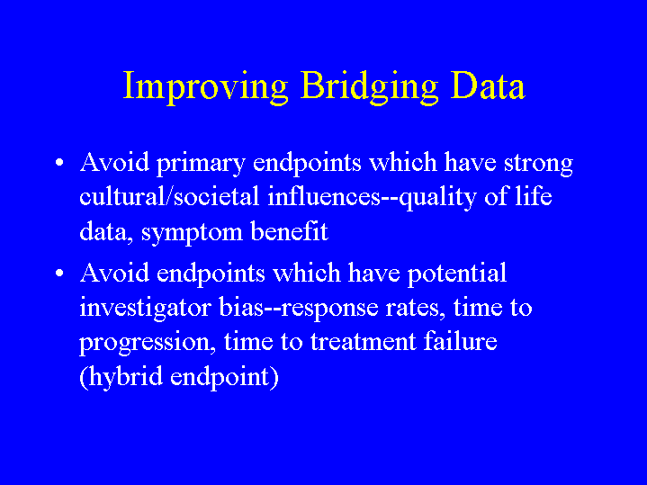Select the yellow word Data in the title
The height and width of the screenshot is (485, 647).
(488, 85)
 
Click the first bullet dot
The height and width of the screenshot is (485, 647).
(59, 162)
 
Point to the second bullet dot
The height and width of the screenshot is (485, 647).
(59, 274)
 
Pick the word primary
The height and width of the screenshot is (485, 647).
(201, 164)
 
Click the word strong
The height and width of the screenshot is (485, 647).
(538, 165)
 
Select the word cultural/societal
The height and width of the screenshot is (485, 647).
(169, 196)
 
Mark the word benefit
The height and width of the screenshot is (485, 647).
(289, 231)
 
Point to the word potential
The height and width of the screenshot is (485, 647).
(457, 274)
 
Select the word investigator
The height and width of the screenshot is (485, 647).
(145, 310)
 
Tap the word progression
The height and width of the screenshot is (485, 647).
(148, 344)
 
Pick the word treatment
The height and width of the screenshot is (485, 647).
(364, 343)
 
